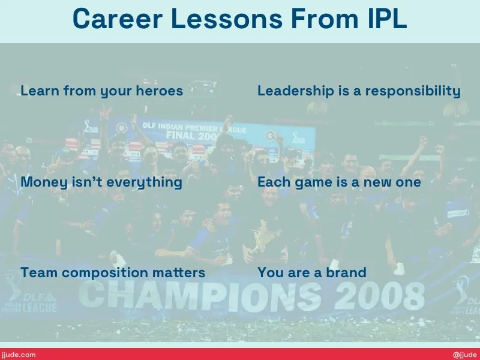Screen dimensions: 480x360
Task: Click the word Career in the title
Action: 117,19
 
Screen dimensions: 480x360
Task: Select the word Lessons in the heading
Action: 227,19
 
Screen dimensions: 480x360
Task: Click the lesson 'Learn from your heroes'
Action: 101,91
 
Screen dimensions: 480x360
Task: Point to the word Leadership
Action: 296,91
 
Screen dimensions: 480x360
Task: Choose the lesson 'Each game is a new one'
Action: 339,182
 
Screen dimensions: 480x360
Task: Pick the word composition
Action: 105,273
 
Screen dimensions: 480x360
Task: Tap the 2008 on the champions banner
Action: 380,295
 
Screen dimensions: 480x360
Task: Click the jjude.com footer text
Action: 18,355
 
